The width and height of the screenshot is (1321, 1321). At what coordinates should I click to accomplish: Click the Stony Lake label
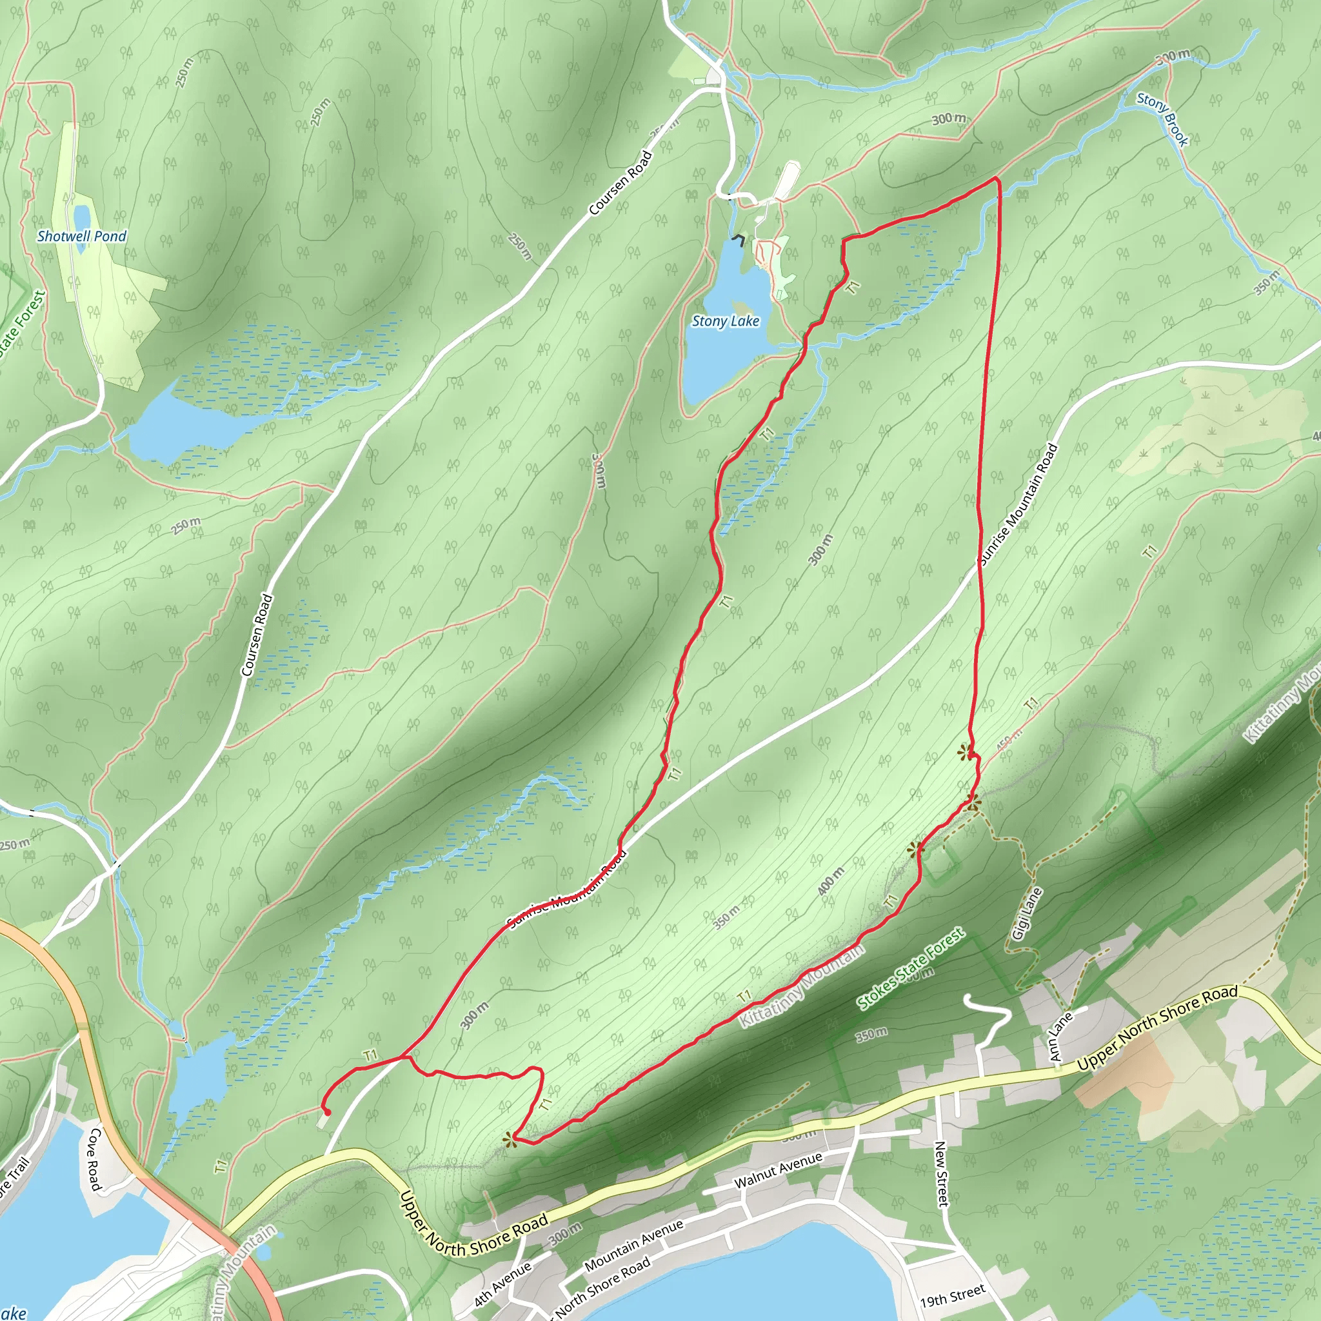tap(726, 321)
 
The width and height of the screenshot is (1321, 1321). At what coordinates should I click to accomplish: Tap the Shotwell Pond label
tap(82, 237)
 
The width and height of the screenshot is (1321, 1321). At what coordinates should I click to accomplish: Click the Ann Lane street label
tap(1060, 1037)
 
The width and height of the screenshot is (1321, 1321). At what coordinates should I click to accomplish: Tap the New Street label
tap(942, 1173)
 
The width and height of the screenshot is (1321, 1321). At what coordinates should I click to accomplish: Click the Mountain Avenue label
tap(634, 1245)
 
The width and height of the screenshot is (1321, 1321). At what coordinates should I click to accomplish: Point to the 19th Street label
tap(953, 1295)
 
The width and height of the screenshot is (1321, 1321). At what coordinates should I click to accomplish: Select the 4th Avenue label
tap(502, 1284)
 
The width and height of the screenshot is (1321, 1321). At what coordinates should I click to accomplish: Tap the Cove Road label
tap(94, 1158)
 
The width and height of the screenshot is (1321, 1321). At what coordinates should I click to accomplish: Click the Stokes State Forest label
tap(911, 969)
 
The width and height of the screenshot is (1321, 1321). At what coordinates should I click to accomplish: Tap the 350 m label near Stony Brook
tap(1266, 283)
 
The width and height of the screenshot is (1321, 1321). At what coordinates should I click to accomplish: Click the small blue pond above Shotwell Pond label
tap(81, 215)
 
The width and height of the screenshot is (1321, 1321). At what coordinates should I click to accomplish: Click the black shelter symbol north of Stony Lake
tap(739, 239)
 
